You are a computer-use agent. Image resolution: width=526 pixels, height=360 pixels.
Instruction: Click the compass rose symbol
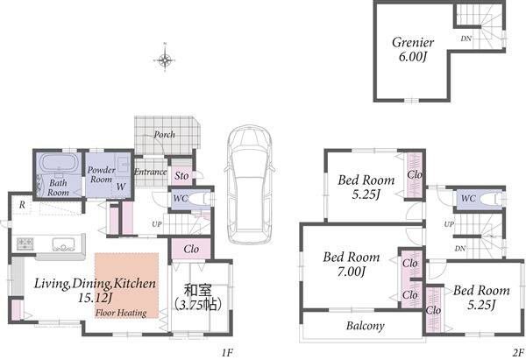[165, 60]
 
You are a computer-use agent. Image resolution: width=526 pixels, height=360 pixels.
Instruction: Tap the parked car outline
[249, 184]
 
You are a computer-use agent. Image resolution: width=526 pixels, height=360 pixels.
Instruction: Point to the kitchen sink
[63, 244]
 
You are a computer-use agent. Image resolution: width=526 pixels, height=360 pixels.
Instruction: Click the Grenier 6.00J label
[413, 49]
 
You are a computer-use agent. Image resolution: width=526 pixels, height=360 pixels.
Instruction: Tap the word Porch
[165, 134]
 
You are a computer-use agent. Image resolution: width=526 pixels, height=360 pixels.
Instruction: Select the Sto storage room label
[181, 176]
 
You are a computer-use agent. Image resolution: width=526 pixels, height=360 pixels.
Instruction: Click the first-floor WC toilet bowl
[200, 199]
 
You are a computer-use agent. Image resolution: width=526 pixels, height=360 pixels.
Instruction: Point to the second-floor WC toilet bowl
[491, 200]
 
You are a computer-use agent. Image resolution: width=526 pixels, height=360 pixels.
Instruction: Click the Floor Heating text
[121, 313]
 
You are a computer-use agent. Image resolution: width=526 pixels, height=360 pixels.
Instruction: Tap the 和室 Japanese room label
[197, 290]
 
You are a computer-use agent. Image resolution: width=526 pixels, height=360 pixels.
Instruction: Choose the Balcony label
[366, 326]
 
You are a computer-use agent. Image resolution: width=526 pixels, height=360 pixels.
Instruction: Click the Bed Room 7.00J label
[352, 265]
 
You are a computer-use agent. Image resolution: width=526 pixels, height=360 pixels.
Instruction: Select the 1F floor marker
[227, 353]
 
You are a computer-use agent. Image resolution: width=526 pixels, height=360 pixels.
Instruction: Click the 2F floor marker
[518, 353]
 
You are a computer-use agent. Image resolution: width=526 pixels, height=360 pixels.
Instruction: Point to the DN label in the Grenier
[466, 39]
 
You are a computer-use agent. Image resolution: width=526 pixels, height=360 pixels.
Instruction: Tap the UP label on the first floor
[157, 224]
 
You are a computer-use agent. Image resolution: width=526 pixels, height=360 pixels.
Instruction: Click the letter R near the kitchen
[22, 205]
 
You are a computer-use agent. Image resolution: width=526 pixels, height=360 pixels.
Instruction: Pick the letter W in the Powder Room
[121, 187]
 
